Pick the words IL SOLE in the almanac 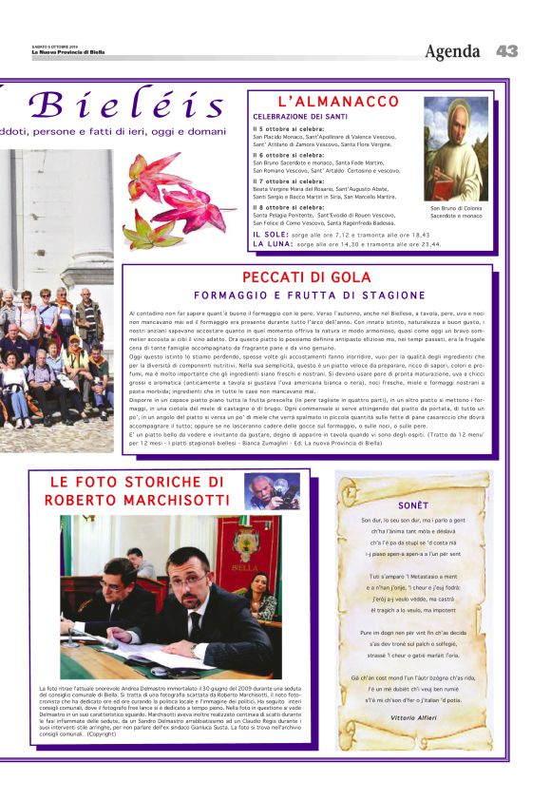pos(271,233)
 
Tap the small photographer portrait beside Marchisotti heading pos(272,491)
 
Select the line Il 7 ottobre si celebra pos(289,181)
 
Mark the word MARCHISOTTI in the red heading pos(167,501)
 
